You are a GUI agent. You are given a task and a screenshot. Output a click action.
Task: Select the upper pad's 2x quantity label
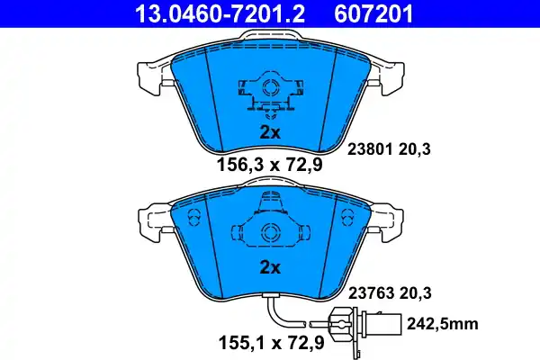tap(270, 131)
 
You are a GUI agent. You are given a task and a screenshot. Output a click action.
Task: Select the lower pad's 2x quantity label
tap(270, 267)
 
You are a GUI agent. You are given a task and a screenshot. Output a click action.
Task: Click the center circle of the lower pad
tap(269, 231)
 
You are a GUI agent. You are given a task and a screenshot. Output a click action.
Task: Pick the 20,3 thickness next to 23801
tap(416, 151)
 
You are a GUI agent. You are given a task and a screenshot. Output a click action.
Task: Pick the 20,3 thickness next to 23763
tap(416, 292)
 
